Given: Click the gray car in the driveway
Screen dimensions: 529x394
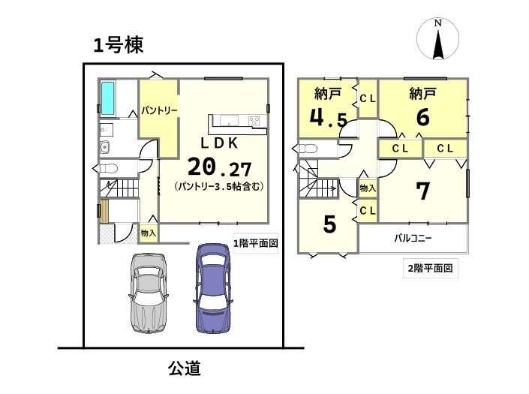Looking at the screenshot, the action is [x=148, y=293].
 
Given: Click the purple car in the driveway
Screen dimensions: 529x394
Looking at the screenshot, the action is [x=213, y=288].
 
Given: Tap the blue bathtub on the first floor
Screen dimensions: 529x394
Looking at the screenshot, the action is [x=108, y=98].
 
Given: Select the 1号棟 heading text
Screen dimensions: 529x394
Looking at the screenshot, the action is [x=119, y=45].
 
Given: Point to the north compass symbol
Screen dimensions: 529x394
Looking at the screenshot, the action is [x=438, y=39].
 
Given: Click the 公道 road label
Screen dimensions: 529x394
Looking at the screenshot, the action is [x=185, y=368].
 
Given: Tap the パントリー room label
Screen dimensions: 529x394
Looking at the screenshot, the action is [x=159, y=110].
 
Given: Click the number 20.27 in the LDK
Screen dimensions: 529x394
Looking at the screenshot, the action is [x=219, y=167].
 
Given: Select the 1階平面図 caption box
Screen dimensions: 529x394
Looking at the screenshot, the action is [x=256, y=243].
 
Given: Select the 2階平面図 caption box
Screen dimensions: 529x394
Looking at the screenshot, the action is [x=431, y=268].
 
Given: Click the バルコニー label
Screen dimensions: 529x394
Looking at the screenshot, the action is [x=413, y=239].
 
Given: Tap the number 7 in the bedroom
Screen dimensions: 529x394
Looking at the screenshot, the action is [x=422, y=191].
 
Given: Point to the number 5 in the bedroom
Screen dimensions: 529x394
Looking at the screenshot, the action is [x=329, y=224].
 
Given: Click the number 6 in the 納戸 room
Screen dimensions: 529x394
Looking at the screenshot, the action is [x=422, y=117].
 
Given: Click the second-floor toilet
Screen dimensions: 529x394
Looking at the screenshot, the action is [x=305, y=149].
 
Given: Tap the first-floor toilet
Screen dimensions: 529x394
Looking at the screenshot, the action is [x=105, y=167].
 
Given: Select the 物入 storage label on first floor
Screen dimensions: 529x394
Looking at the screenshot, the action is [x=149, y=233].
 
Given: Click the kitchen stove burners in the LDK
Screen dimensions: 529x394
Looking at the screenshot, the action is [x=255, y=120].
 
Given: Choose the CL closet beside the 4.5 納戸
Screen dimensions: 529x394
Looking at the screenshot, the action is [x=368, y=98].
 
